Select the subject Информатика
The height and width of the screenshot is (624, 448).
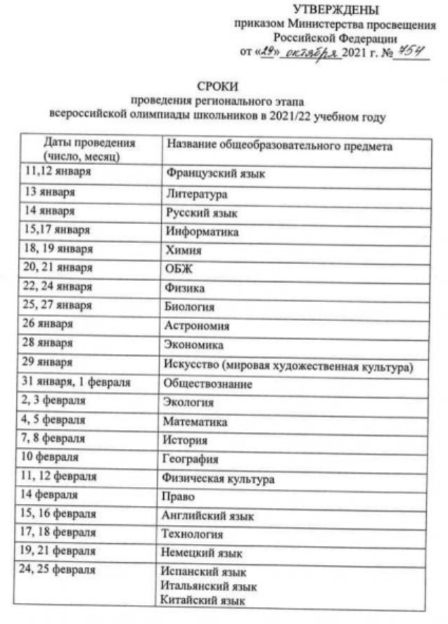202,231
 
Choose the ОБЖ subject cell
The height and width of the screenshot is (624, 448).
179,269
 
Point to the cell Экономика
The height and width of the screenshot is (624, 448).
194,346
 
